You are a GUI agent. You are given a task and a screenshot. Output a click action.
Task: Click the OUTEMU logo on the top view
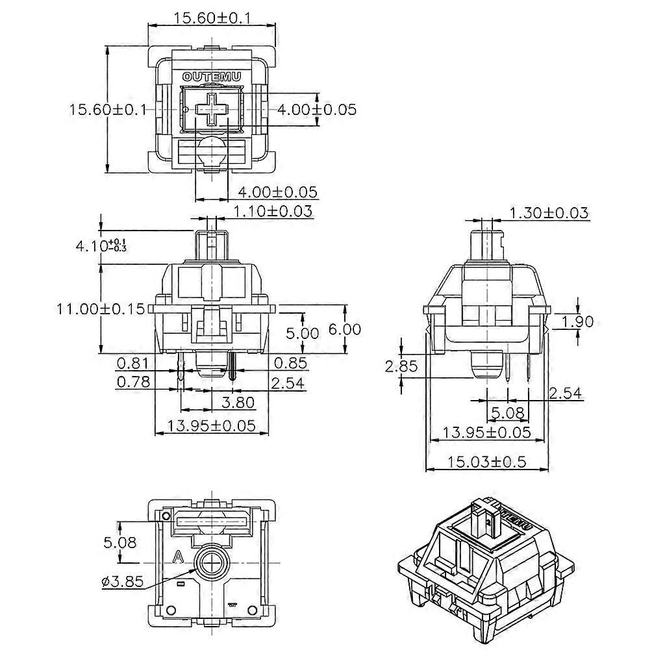pos(212,77)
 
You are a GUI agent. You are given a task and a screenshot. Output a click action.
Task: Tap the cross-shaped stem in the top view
pos(212,109)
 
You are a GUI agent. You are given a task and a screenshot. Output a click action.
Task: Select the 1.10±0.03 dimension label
pos(273,211)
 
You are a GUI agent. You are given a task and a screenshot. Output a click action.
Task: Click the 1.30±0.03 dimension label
pos(549,212)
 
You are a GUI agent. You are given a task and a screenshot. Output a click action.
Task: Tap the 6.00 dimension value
pos(344,329)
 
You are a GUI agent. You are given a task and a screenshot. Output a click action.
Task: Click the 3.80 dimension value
pos(238,402)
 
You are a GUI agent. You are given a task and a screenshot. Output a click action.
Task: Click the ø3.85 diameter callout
pos(123,581)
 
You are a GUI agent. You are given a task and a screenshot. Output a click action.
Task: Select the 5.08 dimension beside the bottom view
pos(121,541)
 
